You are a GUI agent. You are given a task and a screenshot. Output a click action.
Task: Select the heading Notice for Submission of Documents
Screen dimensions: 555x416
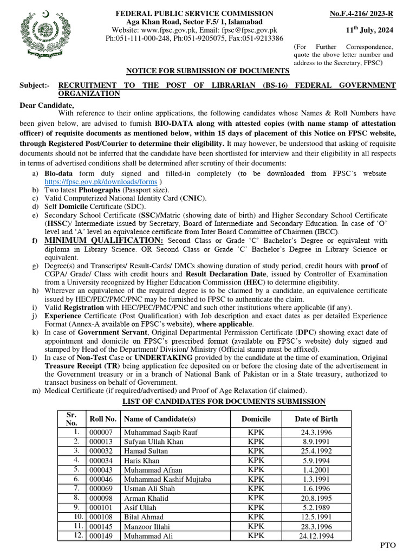coord(208,71)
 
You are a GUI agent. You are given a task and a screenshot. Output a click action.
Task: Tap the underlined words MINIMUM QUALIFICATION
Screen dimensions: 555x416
coord(103,240)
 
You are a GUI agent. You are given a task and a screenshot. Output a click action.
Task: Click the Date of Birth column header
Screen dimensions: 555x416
coord(316,419)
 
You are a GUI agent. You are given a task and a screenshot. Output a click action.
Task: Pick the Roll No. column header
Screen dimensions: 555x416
coord(103,419)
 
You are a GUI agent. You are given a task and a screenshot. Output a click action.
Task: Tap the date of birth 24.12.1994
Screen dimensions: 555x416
coord(316,536)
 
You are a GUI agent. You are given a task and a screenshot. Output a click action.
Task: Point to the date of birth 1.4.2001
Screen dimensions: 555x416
coord(316,470)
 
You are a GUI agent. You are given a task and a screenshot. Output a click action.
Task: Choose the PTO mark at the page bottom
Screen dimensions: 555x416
coord(388,544)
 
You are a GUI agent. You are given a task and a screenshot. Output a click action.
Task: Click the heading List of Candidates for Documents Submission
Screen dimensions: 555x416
coord(224,402)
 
